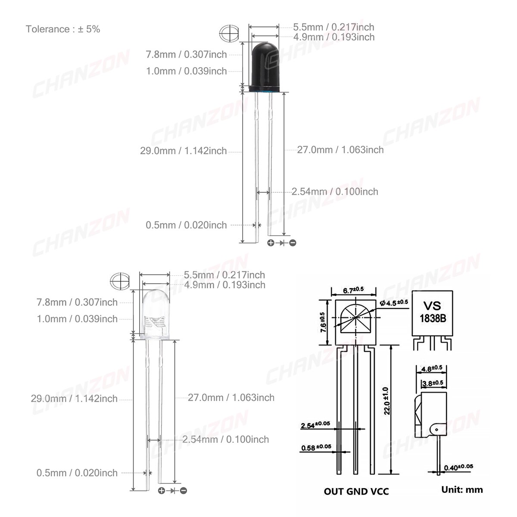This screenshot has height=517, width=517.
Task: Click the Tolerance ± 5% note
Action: [63, 29]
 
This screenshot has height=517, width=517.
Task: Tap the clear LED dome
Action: [155, 315]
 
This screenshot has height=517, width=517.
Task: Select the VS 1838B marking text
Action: [432, 312]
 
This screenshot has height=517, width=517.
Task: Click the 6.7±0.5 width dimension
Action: [353, 290]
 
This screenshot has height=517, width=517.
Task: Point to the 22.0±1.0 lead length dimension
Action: [386, 401]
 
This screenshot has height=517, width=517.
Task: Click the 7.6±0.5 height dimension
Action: [323, 322]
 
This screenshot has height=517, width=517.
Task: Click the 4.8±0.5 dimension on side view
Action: [432, 368]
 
